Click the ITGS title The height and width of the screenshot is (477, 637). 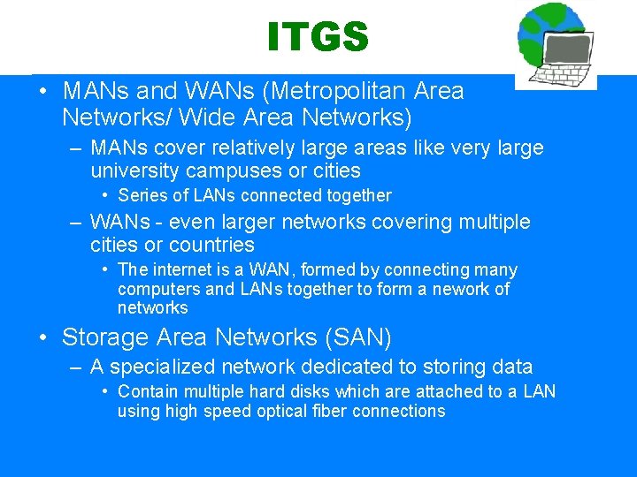tap(317, 37)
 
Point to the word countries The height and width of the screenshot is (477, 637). tap(211, 245)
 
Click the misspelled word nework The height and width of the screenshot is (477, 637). tap(458, 289)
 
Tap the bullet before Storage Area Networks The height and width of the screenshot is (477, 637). tap(42, 337)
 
